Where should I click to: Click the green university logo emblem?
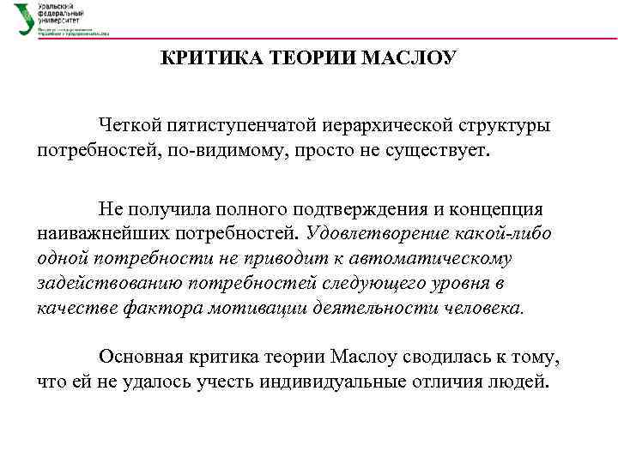(24, 18)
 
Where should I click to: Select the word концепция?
(508, 209)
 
